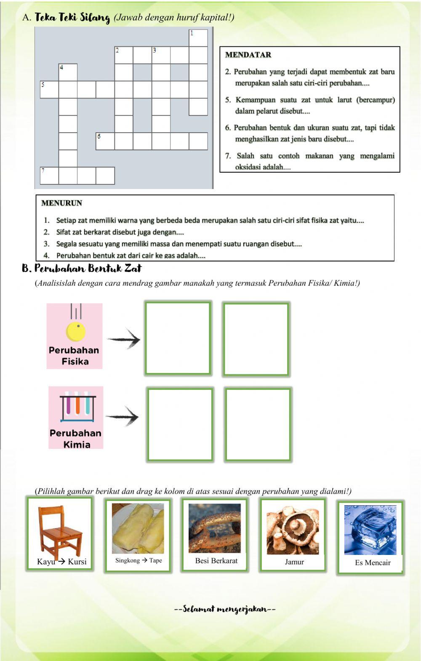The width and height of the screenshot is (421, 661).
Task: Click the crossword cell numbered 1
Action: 198,38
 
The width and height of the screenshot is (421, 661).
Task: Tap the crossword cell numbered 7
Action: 49,176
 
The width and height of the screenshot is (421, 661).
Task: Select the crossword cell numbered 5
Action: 49,89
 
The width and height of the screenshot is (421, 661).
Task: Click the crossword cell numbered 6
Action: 105,141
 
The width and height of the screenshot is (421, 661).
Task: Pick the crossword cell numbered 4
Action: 68,72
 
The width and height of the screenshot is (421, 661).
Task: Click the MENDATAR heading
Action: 248,55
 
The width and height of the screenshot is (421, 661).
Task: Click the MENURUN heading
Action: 62,203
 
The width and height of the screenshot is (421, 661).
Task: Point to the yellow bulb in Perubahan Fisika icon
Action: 76,331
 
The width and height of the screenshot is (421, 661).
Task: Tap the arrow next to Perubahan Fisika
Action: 124,339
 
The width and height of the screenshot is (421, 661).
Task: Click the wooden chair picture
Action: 60,531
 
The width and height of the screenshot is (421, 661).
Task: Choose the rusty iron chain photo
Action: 215,528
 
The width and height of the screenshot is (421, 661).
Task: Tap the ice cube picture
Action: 370,530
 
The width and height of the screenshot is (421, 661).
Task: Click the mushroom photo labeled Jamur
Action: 293,529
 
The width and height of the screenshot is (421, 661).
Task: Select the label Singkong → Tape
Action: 139,560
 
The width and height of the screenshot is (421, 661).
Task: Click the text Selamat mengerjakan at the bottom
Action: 225,609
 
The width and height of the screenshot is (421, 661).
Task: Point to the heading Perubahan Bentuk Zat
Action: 82,268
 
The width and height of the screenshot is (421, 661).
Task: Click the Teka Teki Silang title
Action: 72,18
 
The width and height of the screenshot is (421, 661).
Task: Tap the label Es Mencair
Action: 373,562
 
